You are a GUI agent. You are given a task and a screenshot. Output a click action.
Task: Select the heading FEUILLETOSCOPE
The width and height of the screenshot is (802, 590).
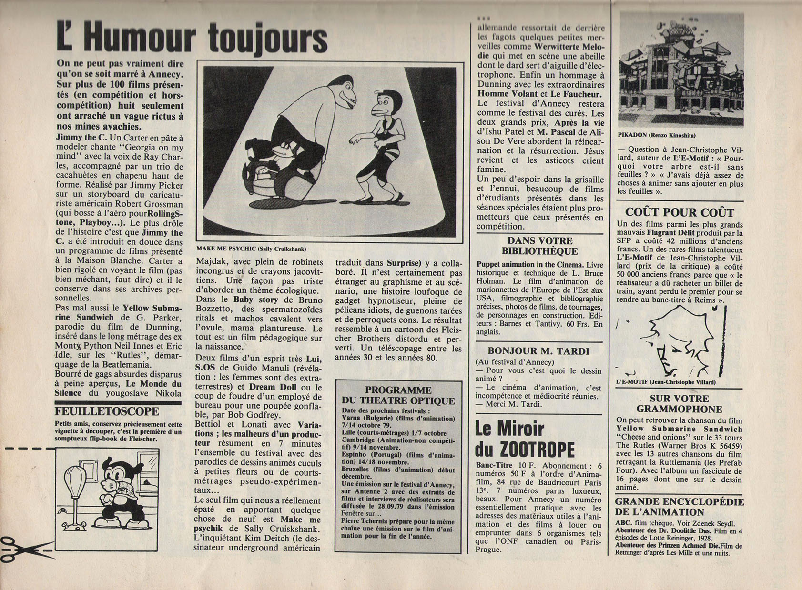[107, 411]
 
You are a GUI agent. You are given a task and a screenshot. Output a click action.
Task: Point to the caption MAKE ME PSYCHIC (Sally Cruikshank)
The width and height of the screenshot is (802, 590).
[251, 249]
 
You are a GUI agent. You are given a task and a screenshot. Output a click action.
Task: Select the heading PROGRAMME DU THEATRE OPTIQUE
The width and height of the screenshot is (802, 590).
[398, 395]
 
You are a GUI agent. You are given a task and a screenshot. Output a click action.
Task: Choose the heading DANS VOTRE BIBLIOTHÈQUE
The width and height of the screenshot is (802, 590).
[539, 246]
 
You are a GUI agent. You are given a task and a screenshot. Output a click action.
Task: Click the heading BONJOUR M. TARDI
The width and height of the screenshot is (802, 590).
[539, 351]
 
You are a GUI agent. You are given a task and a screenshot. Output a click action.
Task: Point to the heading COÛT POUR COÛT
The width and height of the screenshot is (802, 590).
[680, 212]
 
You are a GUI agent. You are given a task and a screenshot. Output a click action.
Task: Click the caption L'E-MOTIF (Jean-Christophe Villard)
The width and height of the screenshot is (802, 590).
[666, 382]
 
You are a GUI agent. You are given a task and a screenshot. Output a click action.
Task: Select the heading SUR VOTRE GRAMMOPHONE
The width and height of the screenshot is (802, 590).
[679, 404]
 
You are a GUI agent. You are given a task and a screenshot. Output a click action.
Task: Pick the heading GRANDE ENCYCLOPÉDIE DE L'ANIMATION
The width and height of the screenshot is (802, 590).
[679, 507]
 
